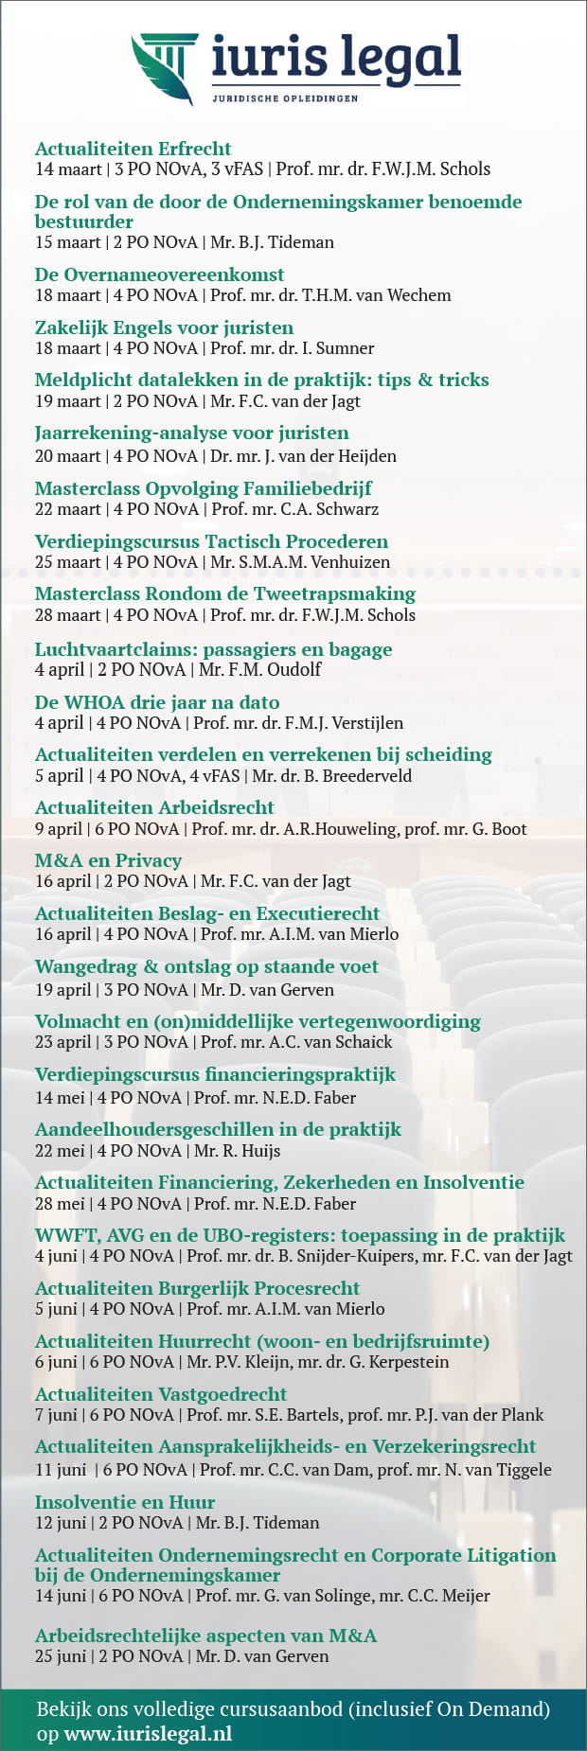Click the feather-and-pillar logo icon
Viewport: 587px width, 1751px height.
(164, 68)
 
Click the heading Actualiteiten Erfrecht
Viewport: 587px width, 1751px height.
(133, 149)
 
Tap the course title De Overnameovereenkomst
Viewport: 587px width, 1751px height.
(159, 274)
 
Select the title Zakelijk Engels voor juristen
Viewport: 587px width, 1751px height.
(164, 327)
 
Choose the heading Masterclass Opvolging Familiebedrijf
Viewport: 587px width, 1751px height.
(203, 488)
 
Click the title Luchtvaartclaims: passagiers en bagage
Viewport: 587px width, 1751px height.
(213, 649)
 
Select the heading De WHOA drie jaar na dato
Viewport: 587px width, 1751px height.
(157, 702)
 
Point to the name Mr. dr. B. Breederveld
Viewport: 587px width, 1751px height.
(331, 776)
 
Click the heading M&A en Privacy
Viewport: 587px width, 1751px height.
(108, 860)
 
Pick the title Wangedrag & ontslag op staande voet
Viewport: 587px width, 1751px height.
(206, 966)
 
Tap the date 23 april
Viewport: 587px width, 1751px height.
(62, 1042)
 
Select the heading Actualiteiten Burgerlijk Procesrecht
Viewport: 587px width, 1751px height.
(197, 1288)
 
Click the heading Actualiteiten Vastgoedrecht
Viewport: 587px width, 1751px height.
(161, 1394)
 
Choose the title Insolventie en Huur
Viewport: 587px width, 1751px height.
(125, 1502)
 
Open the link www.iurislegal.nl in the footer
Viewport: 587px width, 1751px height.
(148, 1734)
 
